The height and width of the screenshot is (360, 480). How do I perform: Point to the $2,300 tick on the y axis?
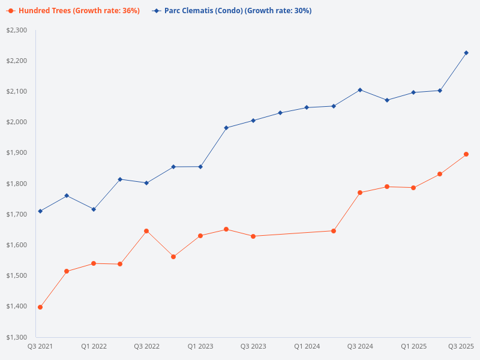(x=17, y=30)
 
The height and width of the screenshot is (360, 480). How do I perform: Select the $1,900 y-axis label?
(x=17, y=153)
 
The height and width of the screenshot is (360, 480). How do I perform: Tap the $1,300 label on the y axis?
(x=17, y=337)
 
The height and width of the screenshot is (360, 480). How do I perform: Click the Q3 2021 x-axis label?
(x=40, y=347)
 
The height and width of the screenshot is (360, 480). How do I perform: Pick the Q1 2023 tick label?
(x=200, y=347)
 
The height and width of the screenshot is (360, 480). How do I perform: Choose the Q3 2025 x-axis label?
(x=461, y=347)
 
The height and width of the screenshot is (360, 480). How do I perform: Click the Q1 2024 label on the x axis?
(x=307, y=347)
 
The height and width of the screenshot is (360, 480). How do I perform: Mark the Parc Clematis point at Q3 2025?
(x=466, y=53)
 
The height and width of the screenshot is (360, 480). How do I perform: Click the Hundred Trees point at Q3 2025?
(x=466, y=154)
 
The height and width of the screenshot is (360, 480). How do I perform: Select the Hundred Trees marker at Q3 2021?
(x=40, y=307)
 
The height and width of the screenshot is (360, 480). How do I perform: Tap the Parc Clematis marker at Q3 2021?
(x=40, y=211)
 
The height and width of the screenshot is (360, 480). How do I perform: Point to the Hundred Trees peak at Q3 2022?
(x=146, y=231)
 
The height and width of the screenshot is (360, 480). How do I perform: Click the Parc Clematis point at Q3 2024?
(x=360, y=90)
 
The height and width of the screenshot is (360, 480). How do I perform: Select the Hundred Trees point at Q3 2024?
(x=360, y=193)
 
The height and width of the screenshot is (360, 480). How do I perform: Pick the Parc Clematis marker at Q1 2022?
(x=94, y=209)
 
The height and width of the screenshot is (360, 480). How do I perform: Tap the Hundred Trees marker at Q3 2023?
(x=253, y=236)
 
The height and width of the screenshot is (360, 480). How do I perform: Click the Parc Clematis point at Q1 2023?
(x=200, y=167)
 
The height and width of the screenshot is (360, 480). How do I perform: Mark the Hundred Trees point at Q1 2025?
(x=413, y=188)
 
